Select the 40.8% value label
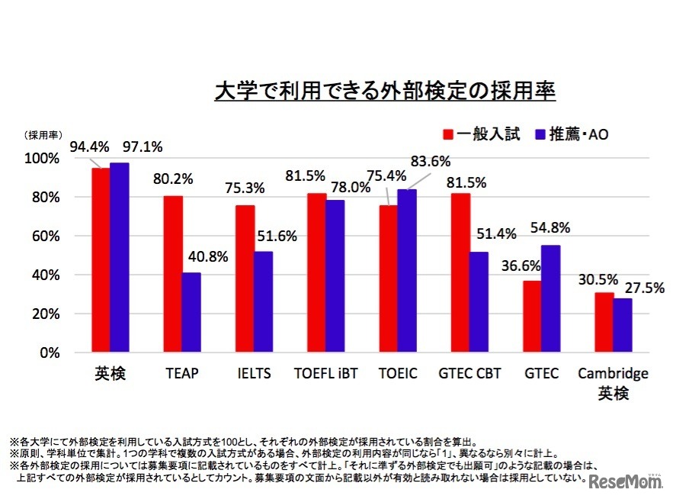pos(207,257)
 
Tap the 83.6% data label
pos(431,162)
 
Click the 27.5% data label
pos(645,288)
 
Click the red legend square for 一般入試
pos(449,134)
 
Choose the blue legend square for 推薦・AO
pos(540,134)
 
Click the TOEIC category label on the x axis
pos(397,373)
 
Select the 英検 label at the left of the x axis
pos(109,374)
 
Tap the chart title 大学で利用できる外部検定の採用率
pos(385,92)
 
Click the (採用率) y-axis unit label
pos(45,135)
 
